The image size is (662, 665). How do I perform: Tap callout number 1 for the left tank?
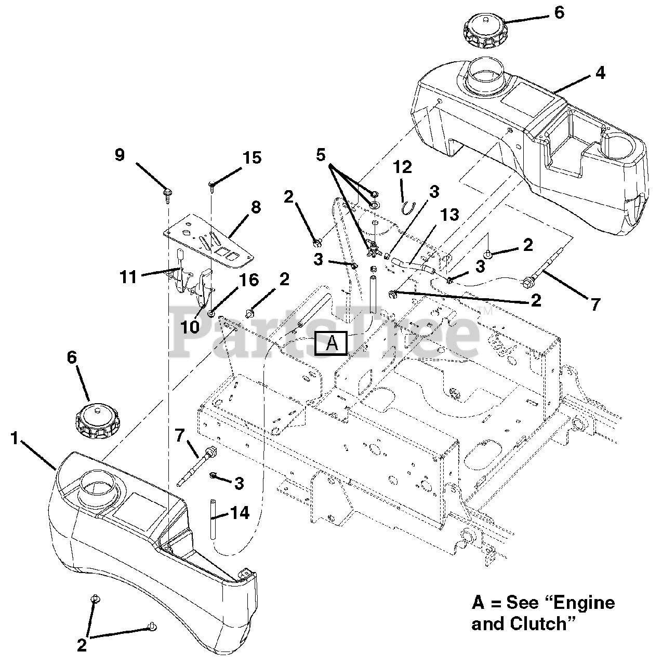coord(15,439)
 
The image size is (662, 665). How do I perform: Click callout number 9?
coord(120,155)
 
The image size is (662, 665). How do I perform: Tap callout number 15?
coord(253,157)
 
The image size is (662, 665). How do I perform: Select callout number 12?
coord(402,167)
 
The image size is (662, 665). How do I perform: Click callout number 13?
coord(450,215)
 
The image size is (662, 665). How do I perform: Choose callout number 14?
coord(240,513)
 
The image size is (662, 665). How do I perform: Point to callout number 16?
coord(249,280)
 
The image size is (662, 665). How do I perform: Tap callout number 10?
coord(190,327)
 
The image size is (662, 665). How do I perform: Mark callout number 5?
coord(321,154)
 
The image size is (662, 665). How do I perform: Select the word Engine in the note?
coord(584,603)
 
